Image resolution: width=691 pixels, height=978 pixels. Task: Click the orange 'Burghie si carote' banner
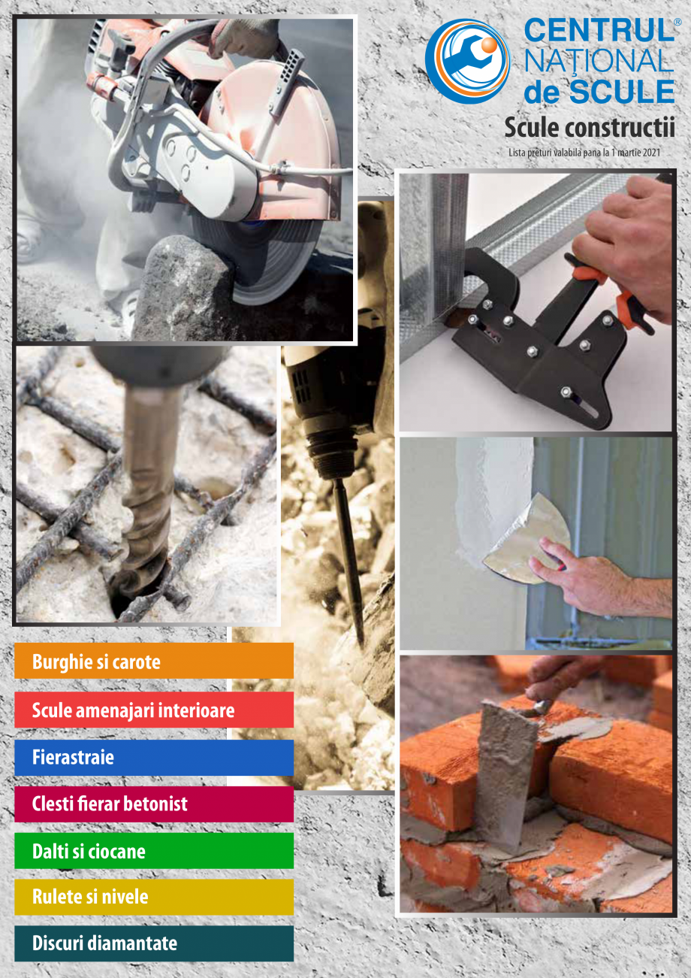point(153,662)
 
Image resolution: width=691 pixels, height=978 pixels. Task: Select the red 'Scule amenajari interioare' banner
point(153,710)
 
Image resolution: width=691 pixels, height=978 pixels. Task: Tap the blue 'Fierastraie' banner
point(153,757)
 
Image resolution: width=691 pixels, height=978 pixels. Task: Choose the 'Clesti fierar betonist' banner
point(153,804)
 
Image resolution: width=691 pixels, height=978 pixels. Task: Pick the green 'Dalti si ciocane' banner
point(153,851)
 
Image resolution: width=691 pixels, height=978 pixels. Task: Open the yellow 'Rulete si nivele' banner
point(153,897)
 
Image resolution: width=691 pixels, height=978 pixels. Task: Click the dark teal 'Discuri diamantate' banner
point(153,943)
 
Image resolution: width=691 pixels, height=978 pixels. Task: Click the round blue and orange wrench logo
point(467,60)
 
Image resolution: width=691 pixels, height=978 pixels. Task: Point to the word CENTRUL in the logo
point(598,32)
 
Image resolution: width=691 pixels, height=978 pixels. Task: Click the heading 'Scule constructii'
point(590,127)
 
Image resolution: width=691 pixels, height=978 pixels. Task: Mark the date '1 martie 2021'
point(635,153)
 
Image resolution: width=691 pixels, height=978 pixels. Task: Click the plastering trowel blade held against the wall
point(526,537)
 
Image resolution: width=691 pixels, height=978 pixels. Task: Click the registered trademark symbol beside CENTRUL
point(677,22)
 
